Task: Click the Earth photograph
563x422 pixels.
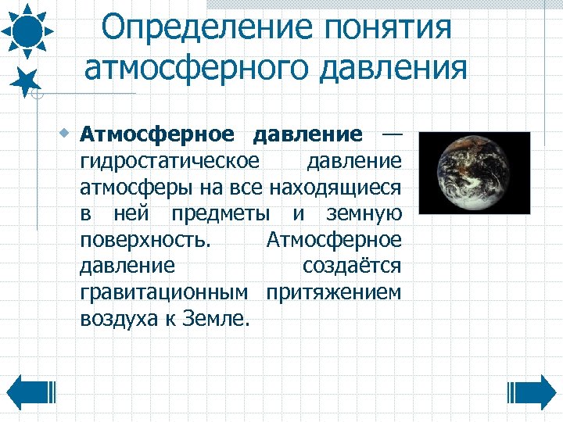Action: point(474,173)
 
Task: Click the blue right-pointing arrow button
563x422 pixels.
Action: point(532,391)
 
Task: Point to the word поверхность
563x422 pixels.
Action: point(145,240)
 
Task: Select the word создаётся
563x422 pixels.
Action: point(352,266)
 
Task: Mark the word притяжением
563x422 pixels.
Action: point(334,293)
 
